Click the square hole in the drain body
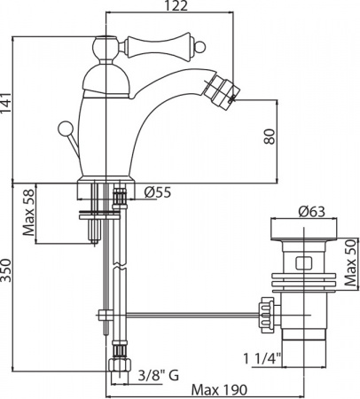[x=301, y=263]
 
